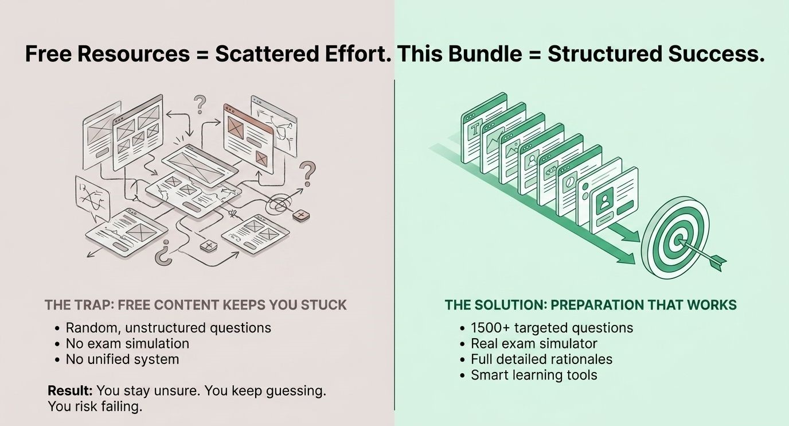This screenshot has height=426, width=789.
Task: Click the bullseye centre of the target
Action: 677,242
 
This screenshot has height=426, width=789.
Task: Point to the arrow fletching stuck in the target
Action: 717,262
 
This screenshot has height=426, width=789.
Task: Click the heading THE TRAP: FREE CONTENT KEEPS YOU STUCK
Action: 196,305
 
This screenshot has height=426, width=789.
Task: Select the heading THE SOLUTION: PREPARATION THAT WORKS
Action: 591,305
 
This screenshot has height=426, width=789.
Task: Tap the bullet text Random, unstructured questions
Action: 169,328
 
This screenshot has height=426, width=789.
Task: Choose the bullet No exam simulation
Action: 127,343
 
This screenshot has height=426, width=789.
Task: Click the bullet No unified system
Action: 123,359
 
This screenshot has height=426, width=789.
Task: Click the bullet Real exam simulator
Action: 534,343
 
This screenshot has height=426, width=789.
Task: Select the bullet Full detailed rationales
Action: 542,359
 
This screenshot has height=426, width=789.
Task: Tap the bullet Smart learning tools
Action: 534,375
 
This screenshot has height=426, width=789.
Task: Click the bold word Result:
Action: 70,391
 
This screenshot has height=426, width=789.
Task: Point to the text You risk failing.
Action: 95,406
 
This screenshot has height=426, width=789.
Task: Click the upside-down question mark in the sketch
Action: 163,253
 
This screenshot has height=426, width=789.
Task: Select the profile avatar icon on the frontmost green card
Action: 605,200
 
